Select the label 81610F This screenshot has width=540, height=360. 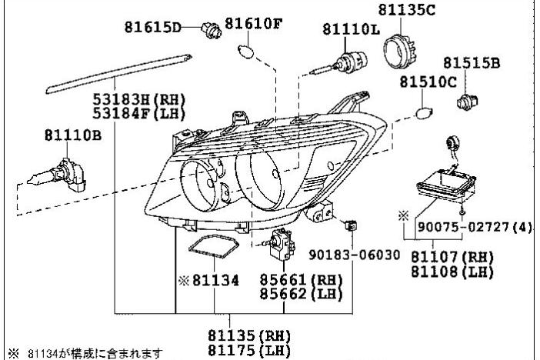[253, 24]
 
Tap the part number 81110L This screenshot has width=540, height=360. [351, 29]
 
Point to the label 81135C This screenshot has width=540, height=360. [407, 10]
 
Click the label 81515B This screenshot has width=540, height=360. [470, 63]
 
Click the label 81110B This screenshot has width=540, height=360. [70, 135]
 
